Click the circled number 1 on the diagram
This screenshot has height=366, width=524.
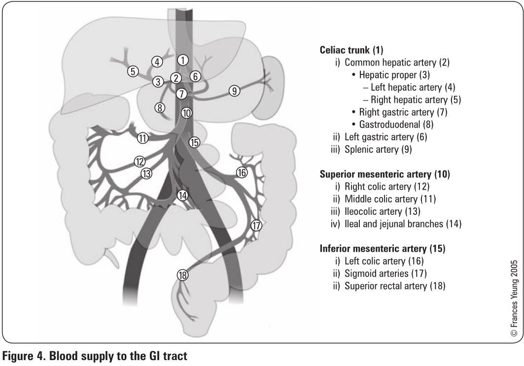click(183, 60)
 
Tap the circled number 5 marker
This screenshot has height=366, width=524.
click(133, 71)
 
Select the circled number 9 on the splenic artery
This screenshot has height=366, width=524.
click(235, 91)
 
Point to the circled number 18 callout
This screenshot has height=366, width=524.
click(183, 275)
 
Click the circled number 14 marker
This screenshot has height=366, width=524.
click(183, 196)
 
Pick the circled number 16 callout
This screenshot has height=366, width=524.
click(241, 172)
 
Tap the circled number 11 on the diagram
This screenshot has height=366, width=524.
click(143, 138)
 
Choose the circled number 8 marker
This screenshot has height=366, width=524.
click(160, 107)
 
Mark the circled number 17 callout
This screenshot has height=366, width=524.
click(256, 226)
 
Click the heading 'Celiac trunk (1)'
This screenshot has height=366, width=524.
click(351, 50)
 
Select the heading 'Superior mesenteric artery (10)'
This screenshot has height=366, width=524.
click(385, 174)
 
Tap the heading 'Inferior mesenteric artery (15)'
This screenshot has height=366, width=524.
click(383, 249)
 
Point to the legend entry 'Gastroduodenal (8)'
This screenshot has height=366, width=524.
click(393, 125)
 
